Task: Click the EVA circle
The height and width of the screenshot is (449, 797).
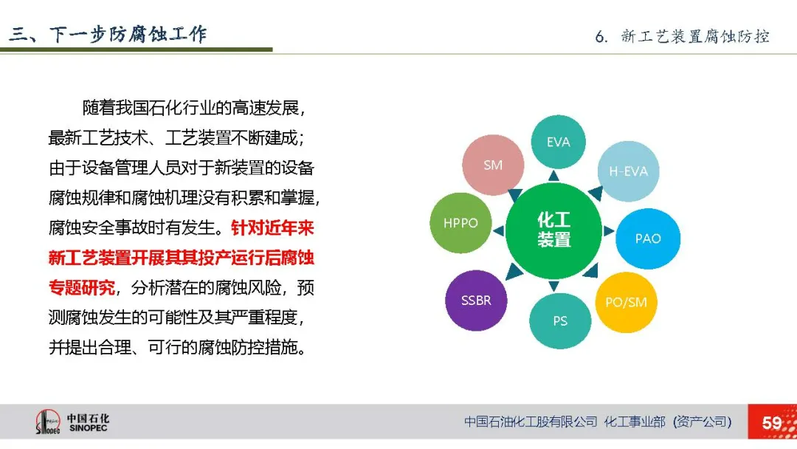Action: [x=558, y=142]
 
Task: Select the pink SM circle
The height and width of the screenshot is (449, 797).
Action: [x=493, y=165]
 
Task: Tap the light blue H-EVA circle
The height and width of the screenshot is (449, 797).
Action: [x=628, y=171]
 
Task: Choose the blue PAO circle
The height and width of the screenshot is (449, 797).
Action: [x=648, y=239]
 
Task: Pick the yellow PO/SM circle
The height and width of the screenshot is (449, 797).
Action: [x=626, y=303]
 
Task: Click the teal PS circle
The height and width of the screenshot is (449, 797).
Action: [x=560, y=321]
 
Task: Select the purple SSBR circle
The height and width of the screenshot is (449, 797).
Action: [x=476, y=301]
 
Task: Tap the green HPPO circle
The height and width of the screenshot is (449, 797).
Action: [x=460, y=223]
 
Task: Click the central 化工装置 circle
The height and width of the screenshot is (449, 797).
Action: [x=553, y=230]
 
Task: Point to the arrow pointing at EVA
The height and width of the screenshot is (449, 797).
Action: [x=554, y=176]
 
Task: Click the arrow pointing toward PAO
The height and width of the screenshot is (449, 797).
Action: [x=608, y=231]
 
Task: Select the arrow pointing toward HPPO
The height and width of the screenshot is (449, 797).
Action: [x=499, y=231]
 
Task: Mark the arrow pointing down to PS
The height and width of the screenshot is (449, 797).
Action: [x=554, y=286]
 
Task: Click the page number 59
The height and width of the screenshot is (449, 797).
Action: [x=772, y=422]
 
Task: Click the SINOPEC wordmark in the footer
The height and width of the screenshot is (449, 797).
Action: [x=89, y=428]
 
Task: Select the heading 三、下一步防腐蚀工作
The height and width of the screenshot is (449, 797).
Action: [x=108, y=34]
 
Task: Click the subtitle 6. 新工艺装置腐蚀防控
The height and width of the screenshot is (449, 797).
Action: [x=682, y=37]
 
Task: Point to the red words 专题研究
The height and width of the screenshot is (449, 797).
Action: [x=82, y=288]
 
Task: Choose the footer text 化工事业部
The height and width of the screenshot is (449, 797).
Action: [x=635, y=422]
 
